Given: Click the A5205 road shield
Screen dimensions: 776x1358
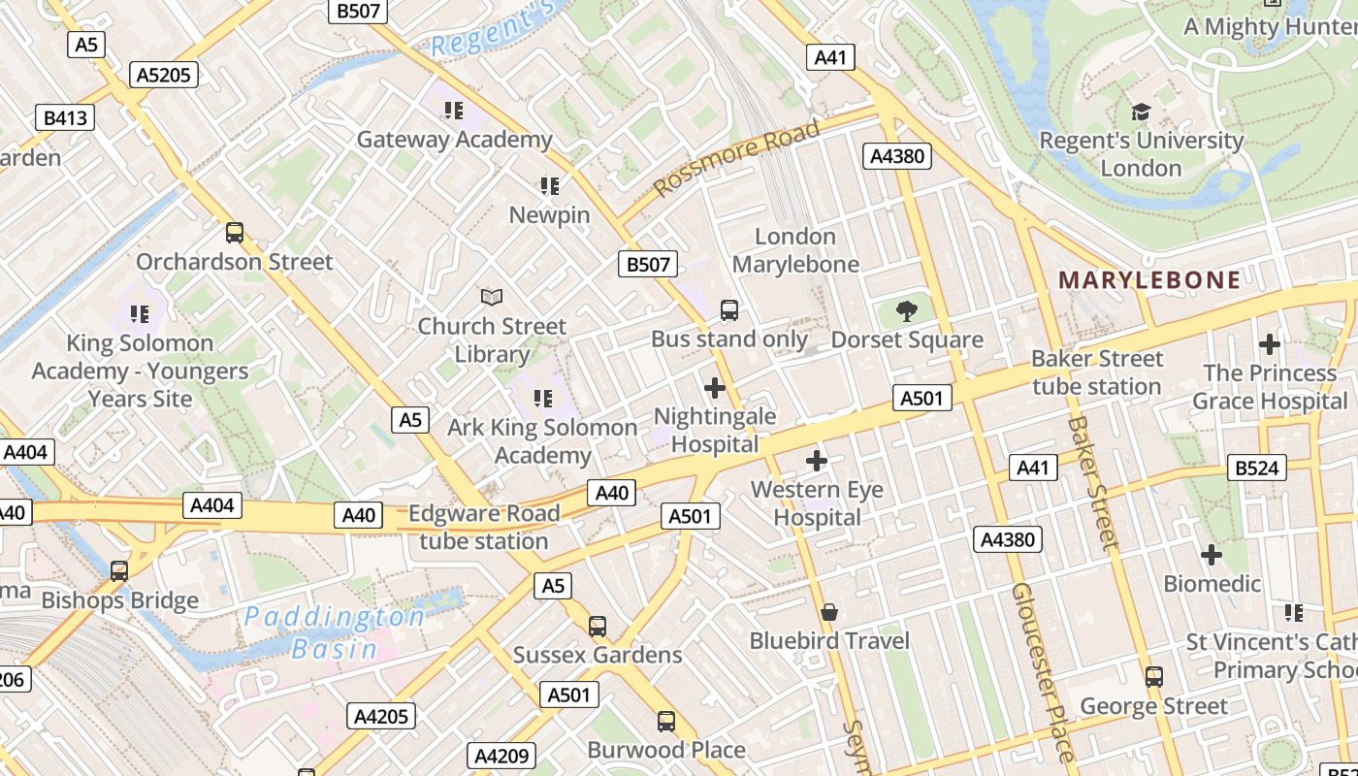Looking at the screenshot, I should point(165,75).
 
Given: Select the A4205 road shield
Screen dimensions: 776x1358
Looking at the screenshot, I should point(381,717).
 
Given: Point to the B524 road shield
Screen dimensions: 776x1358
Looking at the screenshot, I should point(1256,468).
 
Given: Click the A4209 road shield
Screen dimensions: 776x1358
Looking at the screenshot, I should point(501,756).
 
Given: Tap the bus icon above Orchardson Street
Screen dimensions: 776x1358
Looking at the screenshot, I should point(235,233).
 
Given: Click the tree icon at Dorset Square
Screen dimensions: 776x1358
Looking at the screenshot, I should point(907,311).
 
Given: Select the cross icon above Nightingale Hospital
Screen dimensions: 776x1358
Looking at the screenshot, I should point(715,388).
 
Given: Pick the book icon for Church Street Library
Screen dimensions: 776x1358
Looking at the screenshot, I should point(492,297).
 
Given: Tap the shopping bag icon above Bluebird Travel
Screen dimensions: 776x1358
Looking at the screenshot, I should point(829,612).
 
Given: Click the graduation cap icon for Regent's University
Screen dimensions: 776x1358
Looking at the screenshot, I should point(1141,113).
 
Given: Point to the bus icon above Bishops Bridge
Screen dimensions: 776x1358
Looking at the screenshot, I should point(119,571).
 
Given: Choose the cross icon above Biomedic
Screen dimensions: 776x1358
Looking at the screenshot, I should point(1212,555).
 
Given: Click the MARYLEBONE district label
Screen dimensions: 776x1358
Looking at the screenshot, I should point(1149,280).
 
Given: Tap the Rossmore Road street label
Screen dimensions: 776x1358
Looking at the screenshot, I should point(737,157).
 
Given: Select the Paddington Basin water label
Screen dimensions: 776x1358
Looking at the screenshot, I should point(335,632).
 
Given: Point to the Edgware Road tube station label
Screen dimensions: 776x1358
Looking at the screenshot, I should point(484,527).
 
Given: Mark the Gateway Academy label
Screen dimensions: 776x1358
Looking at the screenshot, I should point(454,140).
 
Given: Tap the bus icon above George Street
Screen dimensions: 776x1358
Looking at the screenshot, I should point(1154,677).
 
